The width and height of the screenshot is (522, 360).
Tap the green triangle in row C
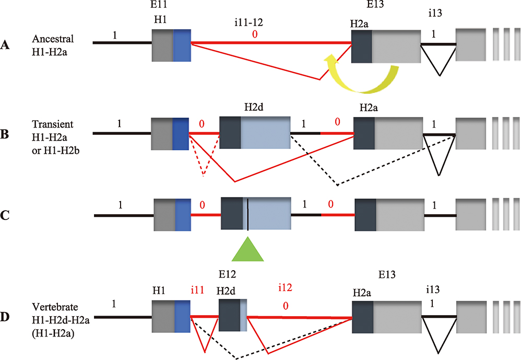point(248,248)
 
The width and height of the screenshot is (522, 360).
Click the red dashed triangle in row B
point(204,157)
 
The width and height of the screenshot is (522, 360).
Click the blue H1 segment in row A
point(182,46)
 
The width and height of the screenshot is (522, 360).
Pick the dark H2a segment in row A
point(361,46)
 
